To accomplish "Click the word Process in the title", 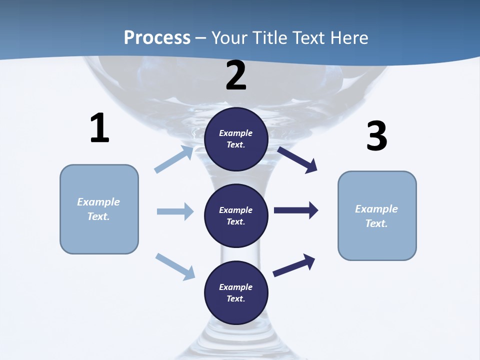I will (157, 38).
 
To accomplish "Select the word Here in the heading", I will (348, 38).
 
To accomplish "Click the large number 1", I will (99, 128).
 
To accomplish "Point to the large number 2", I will (236, 75).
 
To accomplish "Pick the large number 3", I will (376, 136).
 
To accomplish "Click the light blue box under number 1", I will (99, 209).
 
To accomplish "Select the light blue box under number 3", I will (377, 215).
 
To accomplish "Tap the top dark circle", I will (236, 139).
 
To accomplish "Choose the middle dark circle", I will (236, 215).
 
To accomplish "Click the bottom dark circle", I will (236, 292).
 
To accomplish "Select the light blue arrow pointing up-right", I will (174, 159).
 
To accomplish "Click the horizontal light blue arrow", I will (175, 211).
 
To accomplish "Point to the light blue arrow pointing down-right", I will (175, 266).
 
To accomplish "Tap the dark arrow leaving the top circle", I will (297, 159).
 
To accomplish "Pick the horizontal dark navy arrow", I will (296, 210).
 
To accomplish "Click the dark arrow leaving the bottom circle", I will (294, 265).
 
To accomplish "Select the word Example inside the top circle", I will (236, 133).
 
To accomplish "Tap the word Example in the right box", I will (376, 209).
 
